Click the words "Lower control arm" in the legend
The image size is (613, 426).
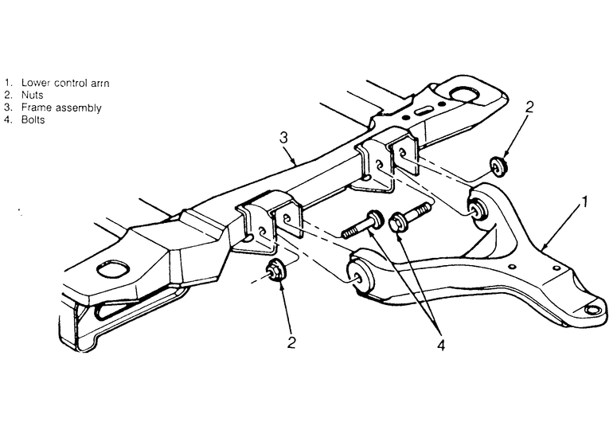(65, 83)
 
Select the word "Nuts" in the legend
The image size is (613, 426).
(32, 95)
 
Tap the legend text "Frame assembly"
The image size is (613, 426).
(61, 107)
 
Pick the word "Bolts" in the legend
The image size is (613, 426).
(33, 119)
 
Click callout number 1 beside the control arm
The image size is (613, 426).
(584, 202)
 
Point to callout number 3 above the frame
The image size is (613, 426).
(284, 138)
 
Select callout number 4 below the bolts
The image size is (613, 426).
(440, 345)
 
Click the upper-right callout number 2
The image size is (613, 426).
(529, 107)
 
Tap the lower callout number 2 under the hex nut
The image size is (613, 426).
(291, 342)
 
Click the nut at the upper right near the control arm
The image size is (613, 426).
(499, 166)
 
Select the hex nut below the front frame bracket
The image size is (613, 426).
(276, 270)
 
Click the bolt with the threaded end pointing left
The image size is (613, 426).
(363, 225)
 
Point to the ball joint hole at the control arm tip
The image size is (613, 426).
(592, 310)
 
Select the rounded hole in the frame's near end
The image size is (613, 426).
(113, 270)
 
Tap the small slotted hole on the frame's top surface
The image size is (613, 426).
(423, 111)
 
